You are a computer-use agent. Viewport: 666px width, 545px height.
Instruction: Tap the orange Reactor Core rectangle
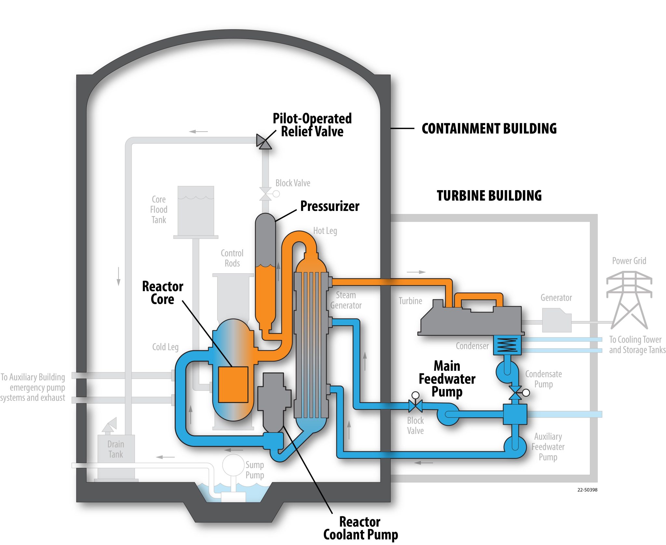tap(233, 384)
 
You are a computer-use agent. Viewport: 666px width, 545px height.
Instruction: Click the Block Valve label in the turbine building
tap(415, 425)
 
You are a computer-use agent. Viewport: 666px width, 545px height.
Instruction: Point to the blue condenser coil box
tap(507, 345)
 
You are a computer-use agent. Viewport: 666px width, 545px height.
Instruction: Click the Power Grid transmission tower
tap(629, 299)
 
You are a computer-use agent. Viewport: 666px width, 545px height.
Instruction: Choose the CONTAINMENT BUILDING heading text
tap(489, 129)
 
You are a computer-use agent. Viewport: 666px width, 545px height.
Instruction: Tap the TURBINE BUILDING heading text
tap(489, 196)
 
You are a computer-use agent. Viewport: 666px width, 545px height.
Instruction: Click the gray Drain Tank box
tap(116, 449)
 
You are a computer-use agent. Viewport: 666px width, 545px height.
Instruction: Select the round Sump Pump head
tap(233, 465)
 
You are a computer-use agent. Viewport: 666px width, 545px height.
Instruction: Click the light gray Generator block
tap(556, 320)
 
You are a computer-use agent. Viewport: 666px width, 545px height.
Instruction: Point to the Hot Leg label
tap(325, 231)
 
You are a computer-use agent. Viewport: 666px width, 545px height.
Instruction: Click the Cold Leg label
tap(165, 347)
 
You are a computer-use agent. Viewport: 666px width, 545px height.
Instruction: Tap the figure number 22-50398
tap(587, 490)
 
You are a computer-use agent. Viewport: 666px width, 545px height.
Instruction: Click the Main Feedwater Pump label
tap(447, 379)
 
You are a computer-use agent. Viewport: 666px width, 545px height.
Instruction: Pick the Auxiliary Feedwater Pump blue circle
tap(515, 447)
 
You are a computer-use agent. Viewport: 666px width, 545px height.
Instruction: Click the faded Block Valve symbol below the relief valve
tap(265, 194)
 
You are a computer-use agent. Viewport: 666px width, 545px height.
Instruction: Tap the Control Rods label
tap(232, 258)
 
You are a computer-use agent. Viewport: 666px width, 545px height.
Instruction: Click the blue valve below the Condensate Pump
tap(515, 393)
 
